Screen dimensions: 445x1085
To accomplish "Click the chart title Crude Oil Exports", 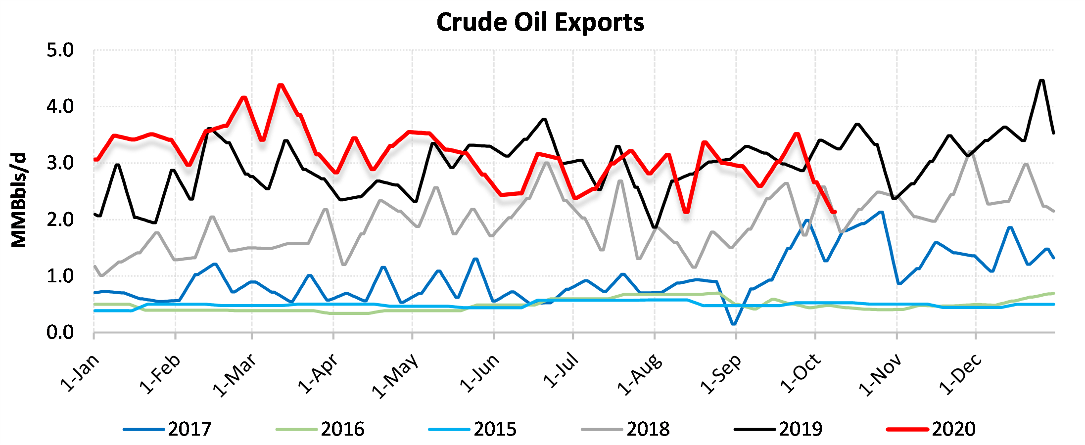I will coord(540,22).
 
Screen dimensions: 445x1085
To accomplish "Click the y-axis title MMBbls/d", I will coord(19,200).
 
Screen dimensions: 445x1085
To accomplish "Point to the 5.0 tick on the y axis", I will coord(60,50).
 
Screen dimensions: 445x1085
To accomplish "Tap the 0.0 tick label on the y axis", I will coord(60,333).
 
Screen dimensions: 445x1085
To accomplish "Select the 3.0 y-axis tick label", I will coord(60,163).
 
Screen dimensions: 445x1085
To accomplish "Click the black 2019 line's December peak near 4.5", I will coord(1041,80).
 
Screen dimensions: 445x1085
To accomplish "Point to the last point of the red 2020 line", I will coord(835,212).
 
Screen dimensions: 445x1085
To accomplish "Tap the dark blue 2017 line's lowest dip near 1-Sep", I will coord(733,324).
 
